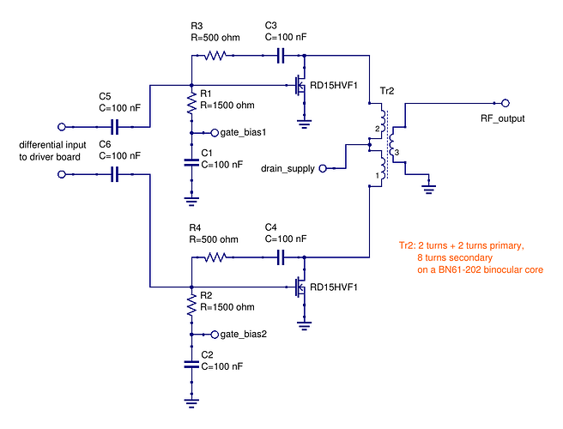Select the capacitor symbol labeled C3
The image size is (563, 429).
281,55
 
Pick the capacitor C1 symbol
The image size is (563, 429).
191,163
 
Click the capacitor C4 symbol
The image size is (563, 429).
281,257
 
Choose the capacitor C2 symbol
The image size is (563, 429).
191,365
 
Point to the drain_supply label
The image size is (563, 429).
288,169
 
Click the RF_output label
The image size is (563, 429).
502,118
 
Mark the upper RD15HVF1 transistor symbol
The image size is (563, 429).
300,86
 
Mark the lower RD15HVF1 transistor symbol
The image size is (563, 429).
300,287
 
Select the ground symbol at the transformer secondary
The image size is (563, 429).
427,186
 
